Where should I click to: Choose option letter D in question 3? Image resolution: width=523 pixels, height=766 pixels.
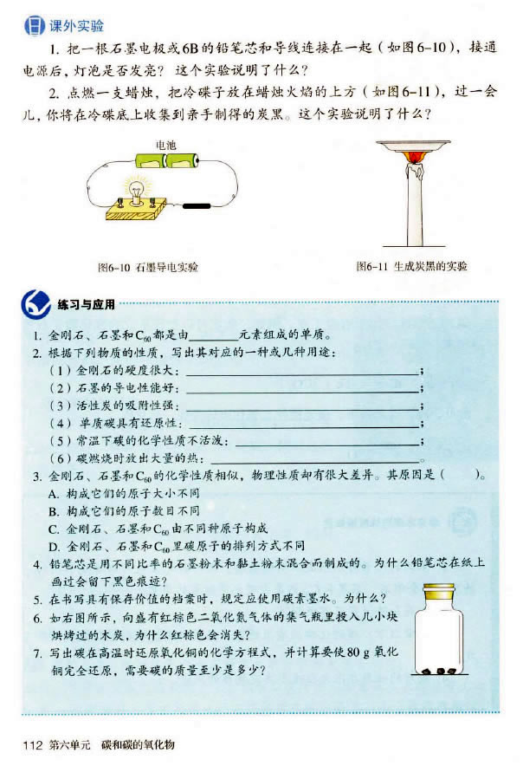(53, 545)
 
